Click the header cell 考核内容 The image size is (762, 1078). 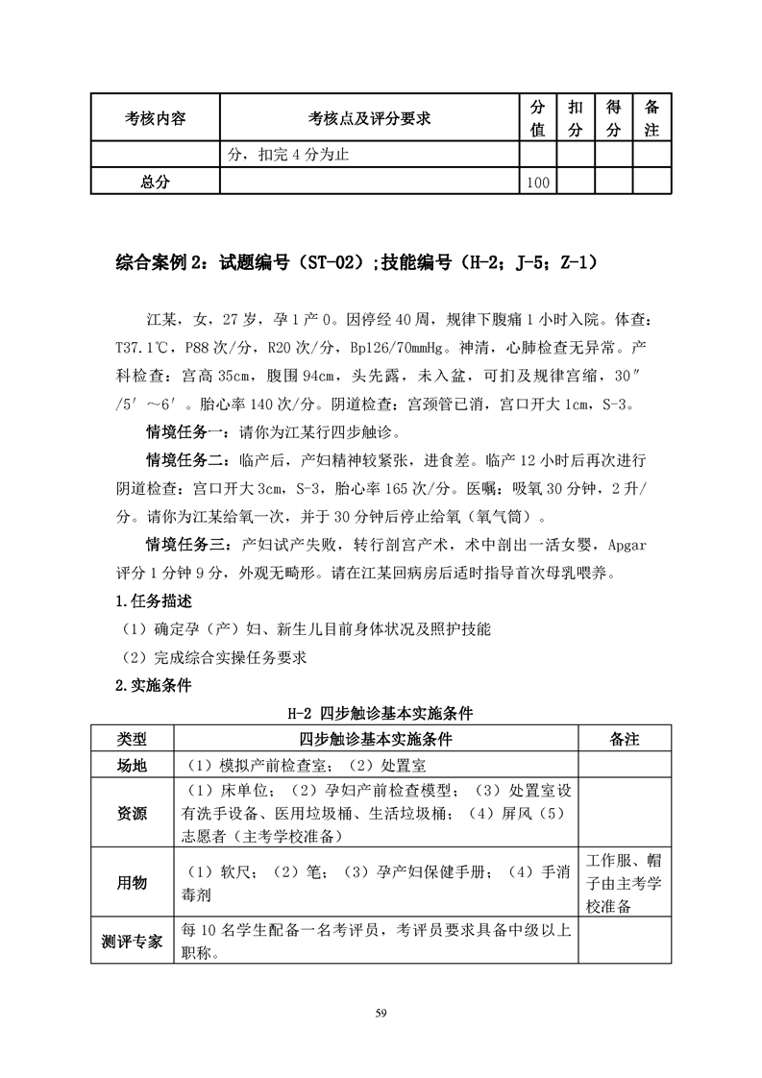point(156,118)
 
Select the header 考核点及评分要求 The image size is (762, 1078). point(369,118)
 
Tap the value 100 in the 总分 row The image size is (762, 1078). point(538,182)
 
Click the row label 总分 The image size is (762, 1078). point(156,181)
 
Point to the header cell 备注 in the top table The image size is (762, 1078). point(651,118)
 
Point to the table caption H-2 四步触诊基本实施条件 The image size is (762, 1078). point(381,714)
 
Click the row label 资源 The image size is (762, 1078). point(132,813)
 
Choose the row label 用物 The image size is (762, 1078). point(132,883)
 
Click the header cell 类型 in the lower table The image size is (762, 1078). point(132,739)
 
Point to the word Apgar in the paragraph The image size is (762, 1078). point(627,546)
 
